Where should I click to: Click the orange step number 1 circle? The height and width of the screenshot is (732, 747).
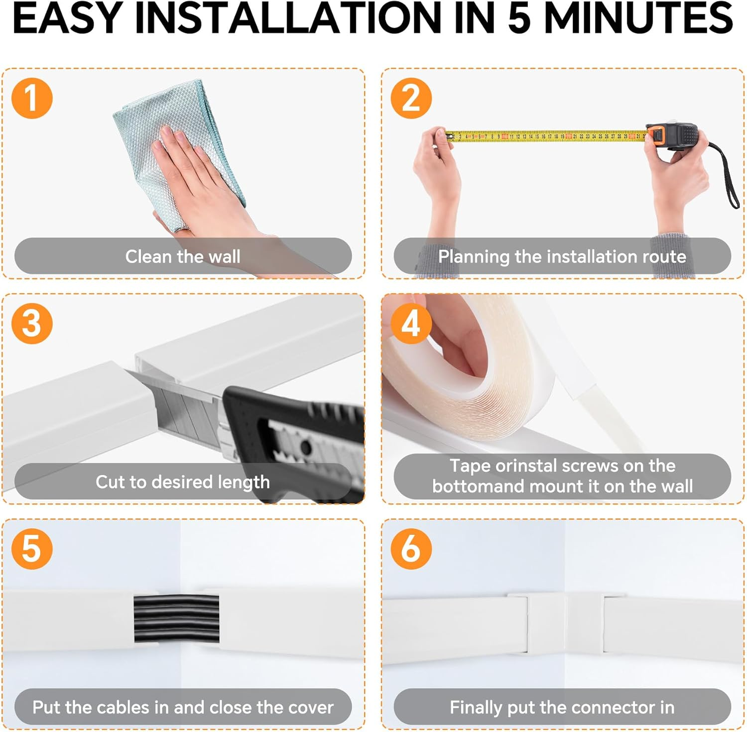tap(32, 98)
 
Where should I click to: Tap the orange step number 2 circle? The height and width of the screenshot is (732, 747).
tap(411, 98)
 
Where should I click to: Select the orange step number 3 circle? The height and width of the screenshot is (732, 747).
tap(32, 324)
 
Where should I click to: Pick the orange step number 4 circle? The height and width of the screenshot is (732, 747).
tap(411, 324)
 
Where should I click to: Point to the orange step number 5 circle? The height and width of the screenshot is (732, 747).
tap(32, 549)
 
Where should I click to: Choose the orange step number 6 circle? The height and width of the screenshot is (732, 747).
tap(411, 549)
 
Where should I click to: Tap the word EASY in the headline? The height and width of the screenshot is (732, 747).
tap(68, 18)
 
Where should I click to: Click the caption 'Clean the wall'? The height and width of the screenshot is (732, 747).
tap(183, 256)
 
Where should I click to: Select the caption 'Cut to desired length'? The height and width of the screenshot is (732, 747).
tap(183, 482)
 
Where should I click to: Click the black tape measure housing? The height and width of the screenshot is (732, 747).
tap(675, 136)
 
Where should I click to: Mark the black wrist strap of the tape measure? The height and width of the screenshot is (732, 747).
tap(726, 174)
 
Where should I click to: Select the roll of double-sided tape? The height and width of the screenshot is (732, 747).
tap(458, 368)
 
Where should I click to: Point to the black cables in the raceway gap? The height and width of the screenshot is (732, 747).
tap(176, 618)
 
